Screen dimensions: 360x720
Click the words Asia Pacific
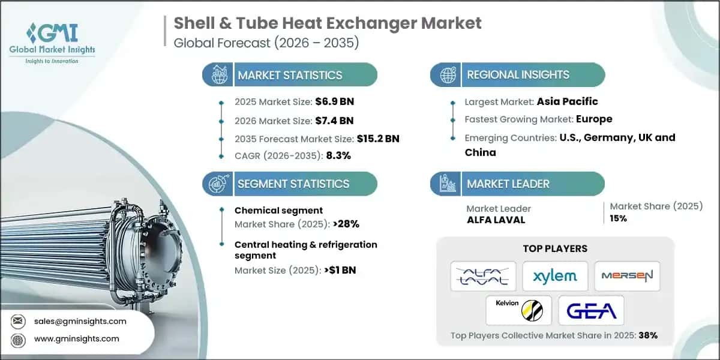pyautogui.click(x=567, y=101)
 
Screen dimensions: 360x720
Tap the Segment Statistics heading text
pyautogui.click(x=293, y=184)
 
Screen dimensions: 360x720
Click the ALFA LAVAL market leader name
pyautogui.click(x=496, y=220)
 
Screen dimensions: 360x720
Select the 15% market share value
pyautogui.click(x=618, y=218)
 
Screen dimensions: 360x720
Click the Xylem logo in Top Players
pyautogui.click(x=555, y=276)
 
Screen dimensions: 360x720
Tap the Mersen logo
pyautogui.click(x=627, y=276)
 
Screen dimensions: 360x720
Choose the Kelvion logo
pyautogui.click(x=519, y=310)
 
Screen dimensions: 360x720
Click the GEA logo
pyautogui.click(x=591, y=310)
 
